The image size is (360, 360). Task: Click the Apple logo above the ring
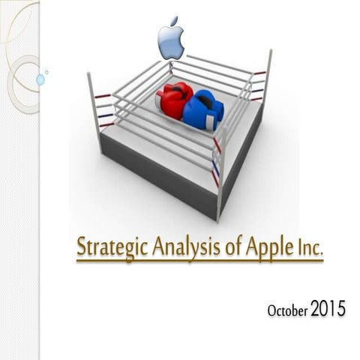click(x=171, y=42)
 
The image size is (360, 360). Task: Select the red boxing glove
click(x=173, y=100)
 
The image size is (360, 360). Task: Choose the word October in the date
click(x=287, y=310)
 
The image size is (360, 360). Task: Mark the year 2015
click(x=328, y=308)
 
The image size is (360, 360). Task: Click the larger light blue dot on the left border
click(x=40, y=79)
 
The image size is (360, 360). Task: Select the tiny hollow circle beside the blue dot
click(x=46, y=72)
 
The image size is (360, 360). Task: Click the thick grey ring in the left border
click(x=22, y=82)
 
